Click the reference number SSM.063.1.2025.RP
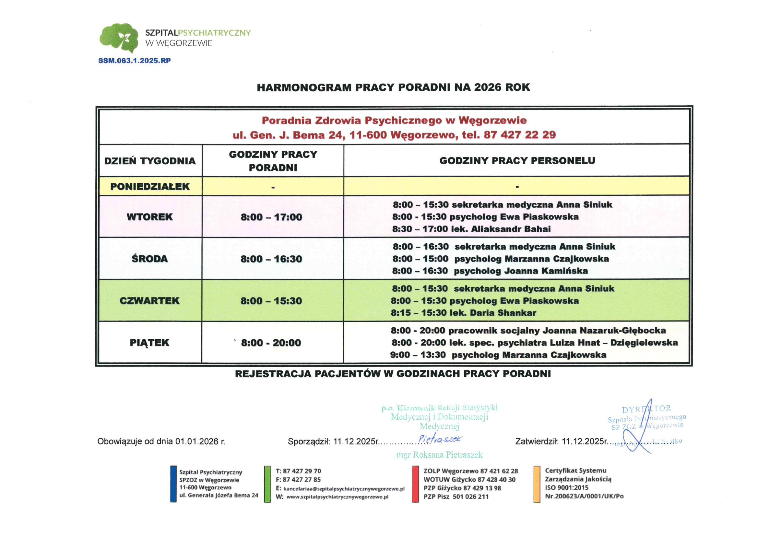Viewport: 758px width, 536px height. (x=134, y=61)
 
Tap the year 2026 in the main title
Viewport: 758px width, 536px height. (x=487, y=87)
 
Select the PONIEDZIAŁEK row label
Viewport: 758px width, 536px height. (x=150, y=186)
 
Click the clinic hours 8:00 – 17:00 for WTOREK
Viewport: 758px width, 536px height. (x=271, y=217)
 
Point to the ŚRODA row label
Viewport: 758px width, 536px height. (x=150, y=259)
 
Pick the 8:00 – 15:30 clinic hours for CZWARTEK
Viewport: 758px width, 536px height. (x=271, y=301)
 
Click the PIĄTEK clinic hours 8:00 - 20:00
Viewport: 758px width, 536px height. (x=271, y=343)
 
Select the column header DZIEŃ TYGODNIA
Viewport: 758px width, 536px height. (x=150, y=161)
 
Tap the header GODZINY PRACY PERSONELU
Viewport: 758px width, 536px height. (x=517, y=161)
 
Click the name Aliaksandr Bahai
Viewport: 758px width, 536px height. (x=511, y=229)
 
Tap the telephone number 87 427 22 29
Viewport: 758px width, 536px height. (x=520, y=135)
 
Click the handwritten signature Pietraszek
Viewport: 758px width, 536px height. (x=440, y=439)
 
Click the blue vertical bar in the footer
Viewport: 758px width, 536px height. (x=173, y=484)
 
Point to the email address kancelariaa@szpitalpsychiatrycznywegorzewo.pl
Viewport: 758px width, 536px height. (x=344, y=489)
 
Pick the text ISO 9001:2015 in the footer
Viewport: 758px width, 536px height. (x=566, y=487)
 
